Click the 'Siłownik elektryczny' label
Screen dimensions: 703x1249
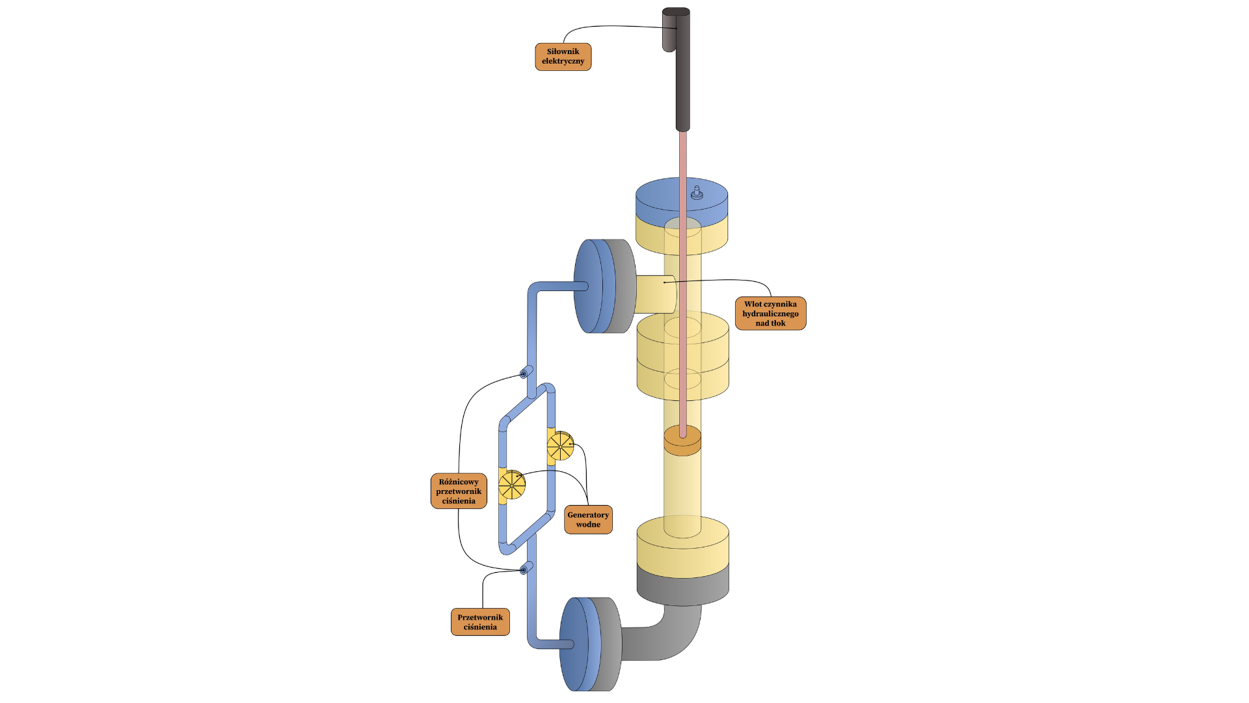(x=563, y=57)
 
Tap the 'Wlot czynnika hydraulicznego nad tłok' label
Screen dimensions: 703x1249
(x=770, y=314)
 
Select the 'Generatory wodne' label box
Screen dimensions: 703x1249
(x=588, y=519)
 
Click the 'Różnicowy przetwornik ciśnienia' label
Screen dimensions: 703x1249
(x=459, y=491)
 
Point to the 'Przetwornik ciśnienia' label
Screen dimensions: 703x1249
(x=480, y=622)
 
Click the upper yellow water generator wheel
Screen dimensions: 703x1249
(x=560, y=446)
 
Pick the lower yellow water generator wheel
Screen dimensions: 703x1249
(x=512, y=484)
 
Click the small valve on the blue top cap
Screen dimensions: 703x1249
(x=697, y=193)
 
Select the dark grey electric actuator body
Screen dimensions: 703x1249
(x=683, y=78)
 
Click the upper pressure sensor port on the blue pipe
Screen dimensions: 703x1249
(x=524, y=374)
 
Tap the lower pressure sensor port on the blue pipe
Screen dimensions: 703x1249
(x=524, y=570)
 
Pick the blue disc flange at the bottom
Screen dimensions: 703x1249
(x=576, y=644)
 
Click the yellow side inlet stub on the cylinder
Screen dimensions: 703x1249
(x=654, y=295)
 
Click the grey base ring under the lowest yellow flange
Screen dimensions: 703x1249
(x=682, y=586)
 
